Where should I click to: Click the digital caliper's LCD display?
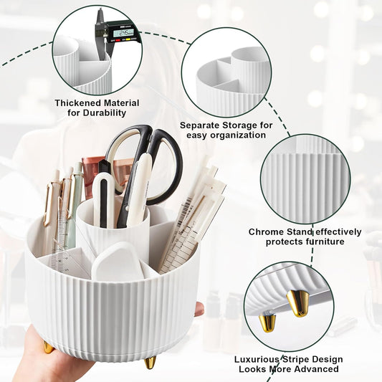[123, 32]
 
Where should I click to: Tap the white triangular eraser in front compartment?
[119, 262]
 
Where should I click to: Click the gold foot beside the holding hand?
[48, 347]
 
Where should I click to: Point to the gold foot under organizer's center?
[150, 362]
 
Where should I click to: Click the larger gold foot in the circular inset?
[297, 302]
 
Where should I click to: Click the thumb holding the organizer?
[199, 309]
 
